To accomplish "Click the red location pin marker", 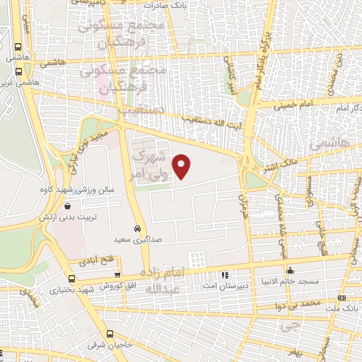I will [182, 167].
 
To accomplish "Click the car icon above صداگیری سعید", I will [136, 230].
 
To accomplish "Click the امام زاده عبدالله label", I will [168, 281].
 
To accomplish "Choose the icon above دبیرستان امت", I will [225, 274].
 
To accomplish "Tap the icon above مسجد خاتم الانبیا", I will [290, 271].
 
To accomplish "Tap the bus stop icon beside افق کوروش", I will [118, 276].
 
